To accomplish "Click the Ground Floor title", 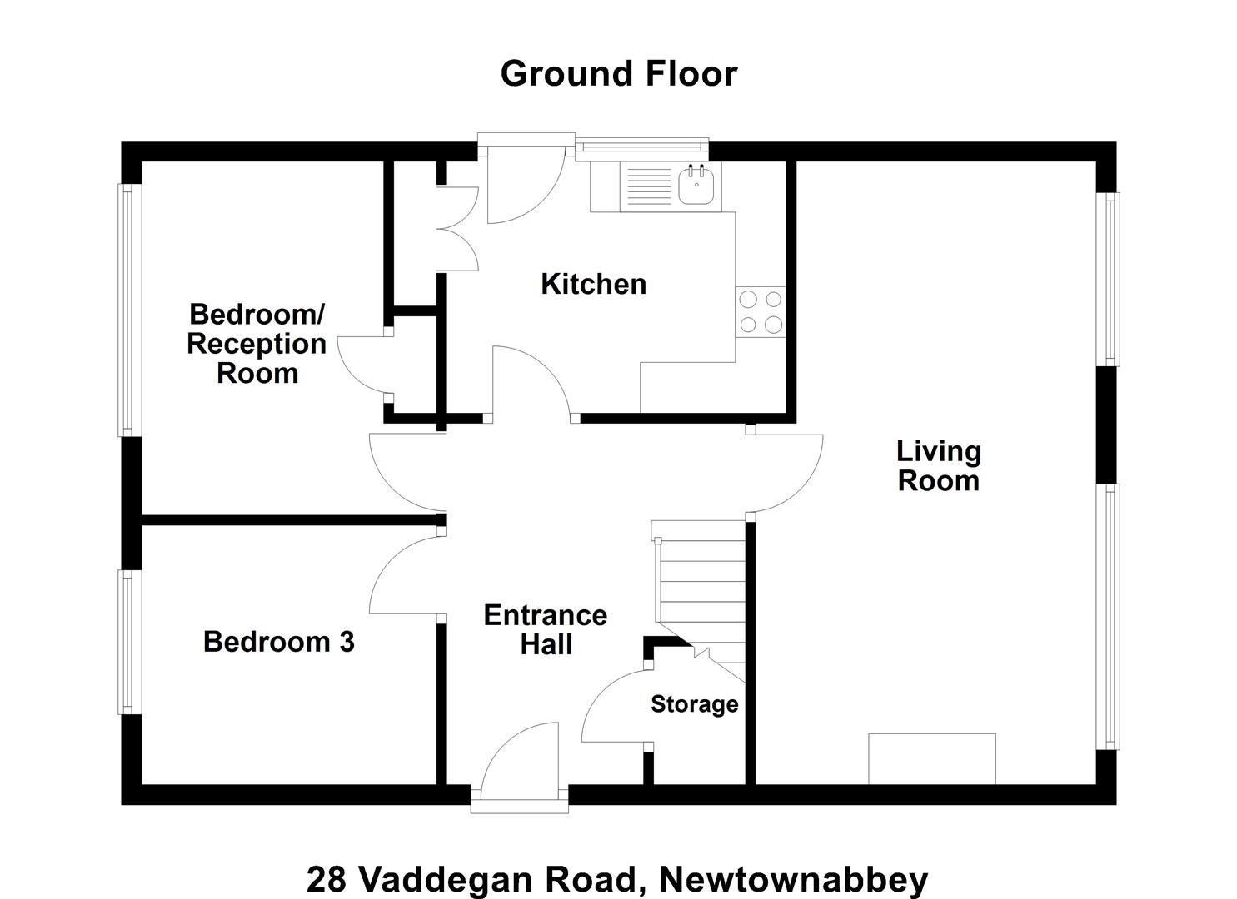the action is (619, 74).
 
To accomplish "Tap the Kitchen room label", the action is (594, 284).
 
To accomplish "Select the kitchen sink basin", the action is (696, 186).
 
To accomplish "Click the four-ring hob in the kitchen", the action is (761, 312).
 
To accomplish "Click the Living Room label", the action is (938, 466).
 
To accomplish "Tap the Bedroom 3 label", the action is (279, 641).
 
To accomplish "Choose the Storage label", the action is (694, 704).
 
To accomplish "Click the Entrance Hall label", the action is (546, 629).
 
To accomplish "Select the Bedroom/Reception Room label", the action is (257, 343).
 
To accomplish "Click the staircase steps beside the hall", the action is (701, 596).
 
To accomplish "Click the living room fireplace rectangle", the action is (932, 758).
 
